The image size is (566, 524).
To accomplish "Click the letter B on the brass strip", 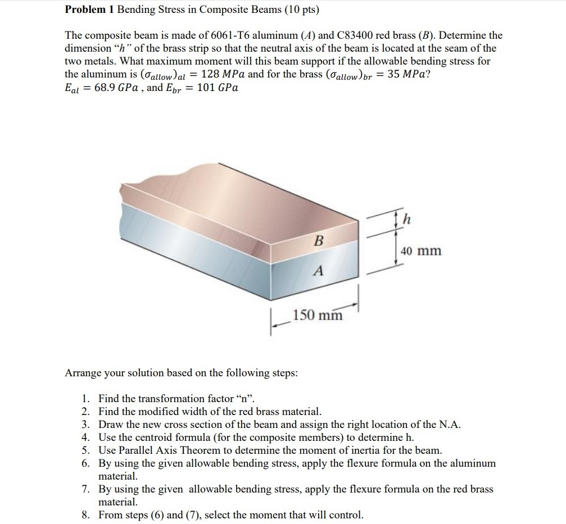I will coord(319,241).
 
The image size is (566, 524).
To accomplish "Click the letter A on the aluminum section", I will coord(318,272).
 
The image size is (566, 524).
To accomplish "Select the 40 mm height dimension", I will coord(422,250).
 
